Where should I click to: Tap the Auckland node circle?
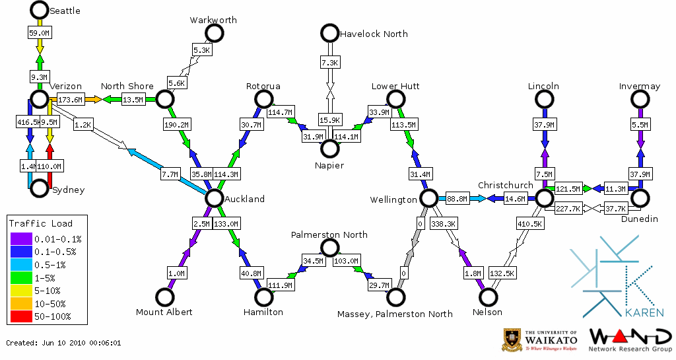coord(214,198)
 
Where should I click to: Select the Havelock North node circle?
coord(329,32)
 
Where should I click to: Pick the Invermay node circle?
coord(640,99)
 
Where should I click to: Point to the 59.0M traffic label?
coord(40,32)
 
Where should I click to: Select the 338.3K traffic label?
coord(443,225)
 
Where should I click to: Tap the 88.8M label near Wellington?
coord(457,198)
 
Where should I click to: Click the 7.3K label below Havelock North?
coord(329,63)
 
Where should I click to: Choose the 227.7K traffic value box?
coord(568,209)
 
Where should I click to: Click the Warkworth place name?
coord(213,20)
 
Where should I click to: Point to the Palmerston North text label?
coord(329,234)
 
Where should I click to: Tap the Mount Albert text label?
coord(164,312)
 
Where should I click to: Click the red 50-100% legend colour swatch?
coord(20,316)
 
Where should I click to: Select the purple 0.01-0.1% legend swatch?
coord(20,239)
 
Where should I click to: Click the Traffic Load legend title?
coord(40,223)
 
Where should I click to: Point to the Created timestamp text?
coord(63,343)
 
